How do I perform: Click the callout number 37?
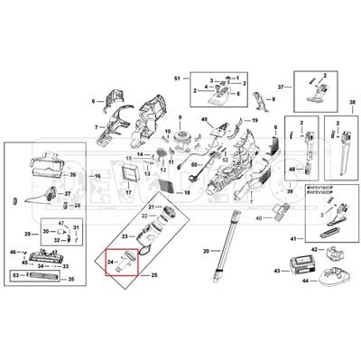pos(281,88)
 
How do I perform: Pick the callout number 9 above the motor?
pos(180,119)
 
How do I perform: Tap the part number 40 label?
pos(258,218)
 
